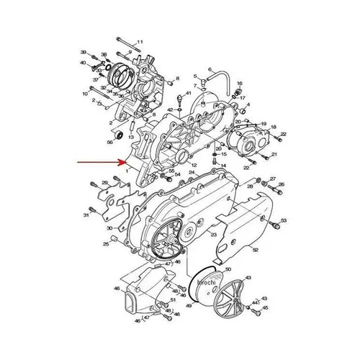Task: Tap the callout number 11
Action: [x=140, y=42]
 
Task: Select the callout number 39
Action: [x=84, y=53]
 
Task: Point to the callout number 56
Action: [x=111, y=143]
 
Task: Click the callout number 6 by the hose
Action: [x=210, y=70]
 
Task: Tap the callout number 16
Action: [x=240, y=84]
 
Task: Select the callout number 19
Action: [x=264, y=124]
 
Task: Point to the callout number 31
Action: [x=85, y=215]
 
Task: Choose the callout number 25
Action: [x=105, y=245]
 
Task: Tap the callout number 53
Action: [x=284, y=220]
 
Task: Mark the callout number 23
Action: [x=213, y=235]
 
